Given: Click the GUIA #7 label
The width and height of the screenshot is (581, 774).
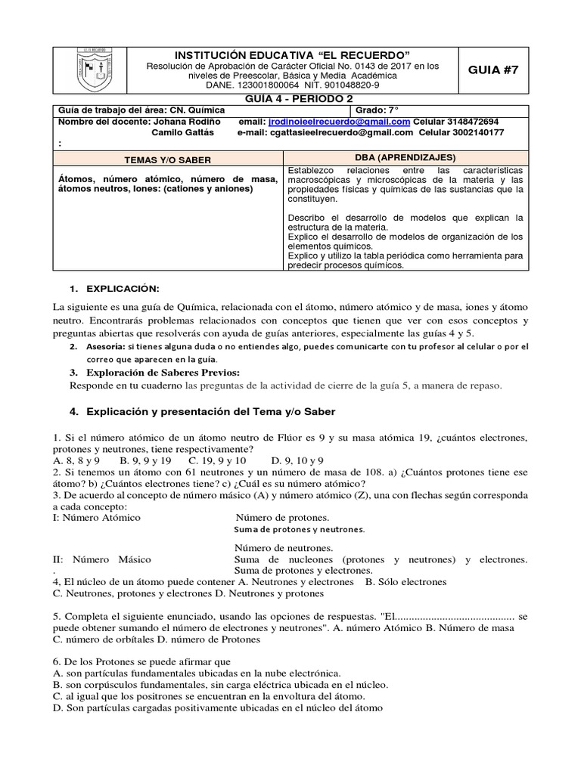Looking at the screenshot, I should pyautogui.click(x=495, y=70).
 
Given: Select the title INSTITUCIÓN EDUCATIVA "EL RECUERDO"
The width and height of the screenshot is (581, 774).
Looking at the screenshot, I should pyautogui.click(x=293, y=56).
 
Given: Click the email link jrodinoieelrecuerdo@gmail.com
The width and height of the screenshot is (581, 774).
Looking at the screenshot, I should pyautogui.click(x=340, y=122).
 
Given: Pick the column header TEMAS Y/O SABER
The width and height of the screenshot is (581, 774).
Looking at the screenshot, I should pyautogui.click(x=167, y=160).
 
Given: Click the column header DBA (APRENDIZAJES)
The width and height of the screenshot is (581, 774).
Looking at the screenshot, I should pyautogui.click(x=405, y=158).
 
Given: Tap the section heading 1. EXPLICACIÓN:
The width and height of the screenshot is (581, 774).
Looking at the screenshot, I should pyautogui.click(x=120, y=289).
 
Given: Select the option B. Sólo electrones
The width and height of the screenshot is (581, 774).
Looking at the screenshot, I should pyautogui.click(x=405, y=582).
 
